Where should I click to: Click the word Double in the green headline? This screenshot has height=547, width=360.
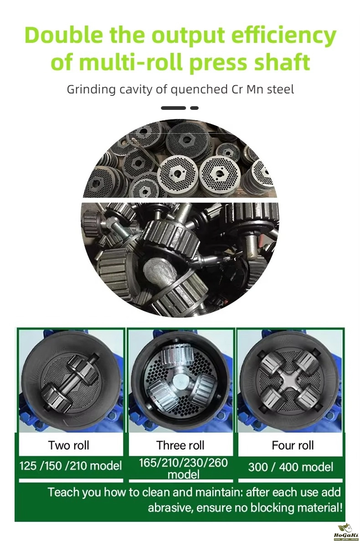(x=64, y=35)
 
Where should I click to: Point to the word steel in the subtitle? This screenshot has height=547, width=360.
(x=280, y=89)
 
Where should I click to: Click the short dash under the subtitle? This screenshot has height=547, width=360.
(x=194, y=108)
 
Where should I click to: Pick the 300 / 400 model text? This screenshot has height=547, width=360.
(x=290, y=467)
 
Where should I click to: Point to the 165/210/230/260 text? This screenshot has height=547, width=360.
(x=183, y=463)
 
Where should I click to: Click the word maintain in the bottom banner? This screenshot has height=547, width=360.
(x=219, y=491)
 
